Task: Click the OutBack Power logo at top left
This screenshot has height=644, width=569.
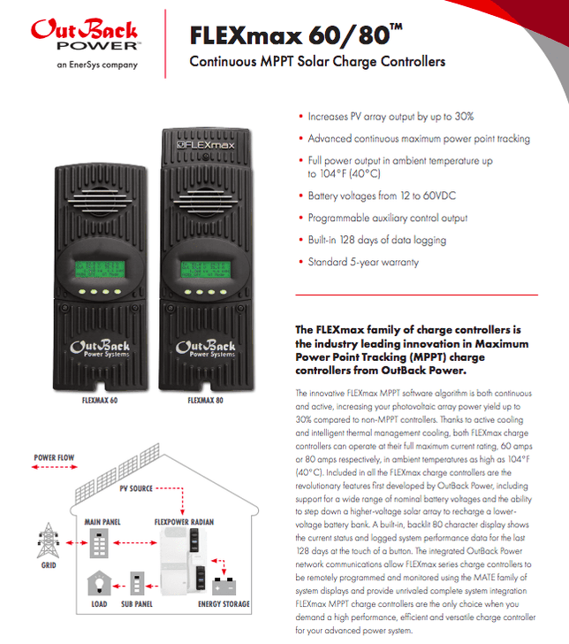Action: tap(84, 35)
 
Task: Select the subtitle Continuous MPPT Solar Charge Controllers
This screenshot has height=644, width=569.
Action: tap(317, 62)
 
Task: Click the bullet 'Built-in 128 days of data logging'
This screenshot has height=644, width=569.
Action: tap(376, 240)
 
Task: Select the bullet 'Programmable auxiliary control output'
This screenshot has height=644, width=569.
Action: tap(387, 218)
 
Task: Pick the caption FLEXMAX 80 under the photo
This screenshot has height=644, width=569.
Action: tap(205, 400)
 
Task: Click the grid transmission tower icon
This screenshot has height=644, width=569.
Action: tap(45, 540)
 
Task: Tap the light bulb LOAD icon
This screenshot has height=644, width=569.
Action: tap(98, 584)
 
